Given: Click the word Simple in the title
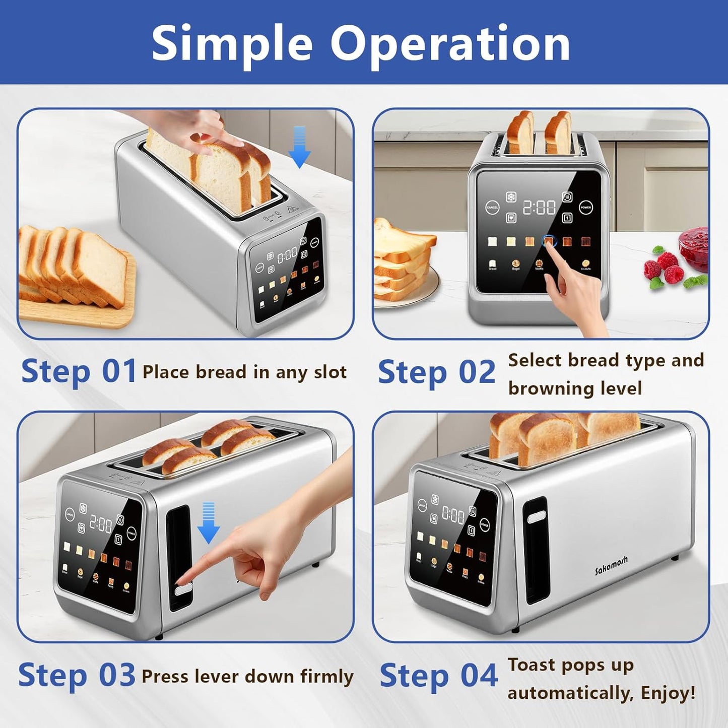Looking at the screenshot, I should pos(232,44).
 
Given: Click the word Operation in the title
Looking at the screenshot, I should pos(450,44).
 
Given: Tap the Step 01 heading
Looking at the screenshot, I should pos(79,372).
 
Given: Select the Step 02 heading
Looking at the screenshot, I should pos(437,373).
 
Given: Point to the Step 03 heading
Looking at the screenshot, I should pos(77,675).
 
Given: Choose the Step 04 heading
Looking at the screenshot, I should pos(438,676).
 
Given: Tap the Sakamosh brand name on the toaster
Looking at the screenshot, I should pos(611,566).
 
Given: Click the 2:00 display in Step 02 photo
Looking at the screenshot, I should pos(539,207).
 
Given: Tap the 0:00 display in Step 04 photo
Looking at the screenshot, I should pos(453,514).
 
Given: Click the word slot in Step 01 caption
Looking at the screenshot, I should pos(330,372).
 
